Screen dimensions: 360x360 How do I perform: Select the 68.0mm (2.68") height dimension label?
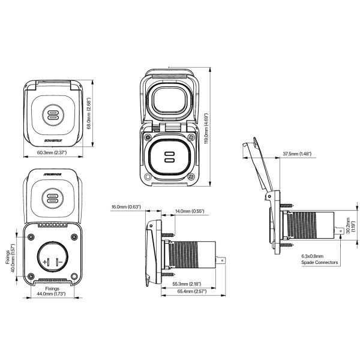[x=89, y=113]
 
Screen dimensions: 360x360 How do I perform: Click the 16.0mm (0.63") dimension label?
[x=125, y=207]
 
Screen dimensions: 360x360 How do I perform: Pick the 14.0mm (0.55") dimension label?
[x=190, y=211]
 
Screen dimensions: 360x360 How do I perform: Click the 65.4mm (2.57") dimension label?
[x=192, y=291]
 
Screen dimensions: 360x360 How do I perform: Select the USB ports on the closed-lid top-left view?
[x=52, y=115]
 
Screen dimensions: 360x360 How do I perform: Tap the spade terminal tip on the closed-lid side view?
[x=224, y=259]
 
